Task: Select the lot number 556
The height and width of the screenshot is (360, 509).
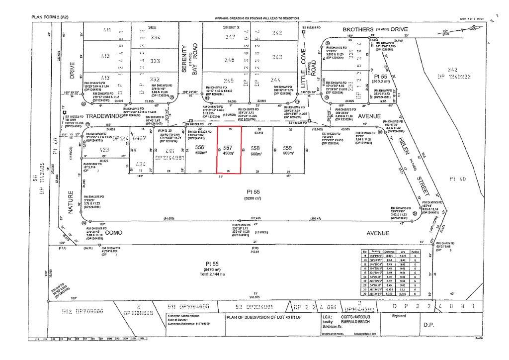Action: [x=200, y=148]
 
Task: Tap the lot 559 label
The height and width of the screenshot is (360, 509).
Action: [x=287, y=148]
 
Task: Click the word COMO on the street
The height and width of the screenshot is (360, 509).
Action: [x=114, y=232]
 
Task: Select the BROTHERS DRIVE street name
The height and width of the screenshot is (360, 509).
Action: [x=372, y=30]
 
